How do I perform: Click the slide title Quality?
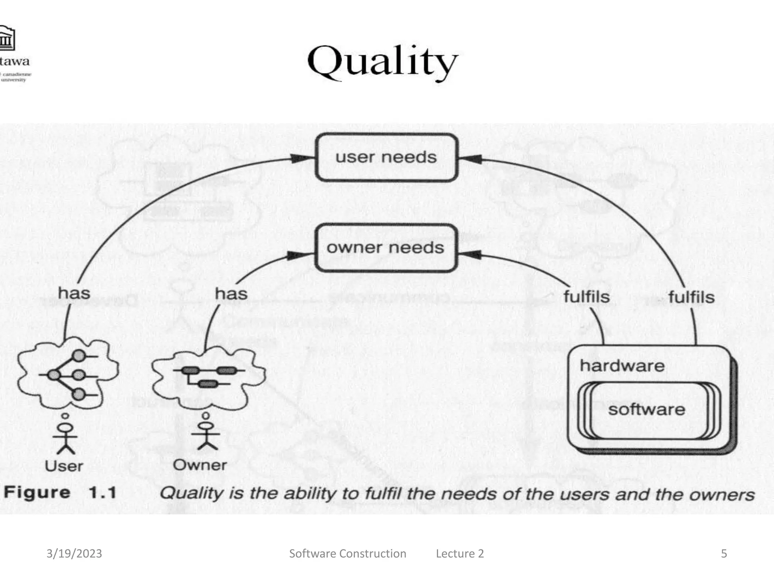(382, 62)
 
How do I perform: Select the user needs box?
(386, 157)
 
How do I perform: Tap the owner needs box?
(385, 248)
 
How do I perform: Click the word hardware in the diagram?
(622, 366)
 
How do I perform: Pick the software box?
(647, 410)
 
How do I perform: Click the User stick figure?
(65, 438)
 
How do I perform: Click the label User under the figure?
(64, 466)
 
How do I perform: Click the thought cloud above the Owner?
(208, 378)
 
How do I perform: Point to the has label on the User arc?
(74, 293)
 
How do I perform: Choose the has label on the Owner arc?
(231, 294)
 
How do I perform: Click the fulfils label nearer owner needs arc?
(587, 296)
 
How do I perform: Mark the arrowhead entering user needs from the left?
(302, 159)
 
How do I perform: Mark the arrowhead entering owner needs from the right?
(471, 255)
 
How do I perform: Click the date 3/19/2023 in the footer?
(74, 554)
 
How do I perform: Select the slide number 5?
(724, 554)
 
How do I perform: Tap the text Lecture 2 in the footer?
(460, 554)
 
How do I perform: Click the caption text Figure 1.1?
(60, 493)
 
